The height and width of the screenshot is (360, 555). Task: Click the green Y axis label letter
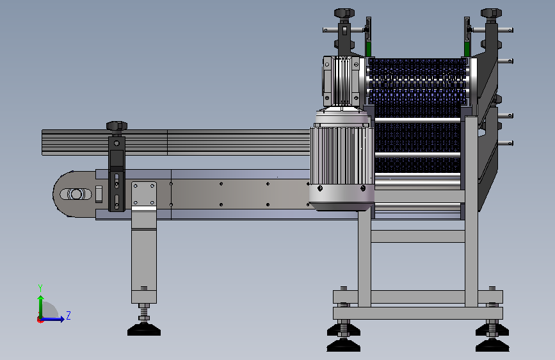[40, 288]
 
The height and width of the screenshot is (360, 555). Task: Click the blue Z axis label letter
[68, 315]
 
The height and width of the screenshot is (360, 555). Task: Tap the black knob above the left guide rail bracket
[117, 126]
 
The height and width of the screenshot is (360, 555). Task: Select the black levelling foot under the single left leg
[143, 331]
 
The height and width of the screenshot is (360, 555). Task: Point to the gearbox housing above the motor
[342, 81]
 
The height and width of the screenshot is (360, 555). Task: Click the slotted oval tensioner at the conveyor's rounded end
[76, 194]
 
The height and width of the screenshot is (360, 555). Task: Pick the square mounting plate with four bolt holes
[143, 193]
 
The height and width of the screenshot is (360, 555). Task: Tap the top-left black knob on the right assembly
[344, 13]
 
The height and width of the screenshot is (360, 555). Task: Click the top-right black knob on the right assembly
[491, 13]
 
